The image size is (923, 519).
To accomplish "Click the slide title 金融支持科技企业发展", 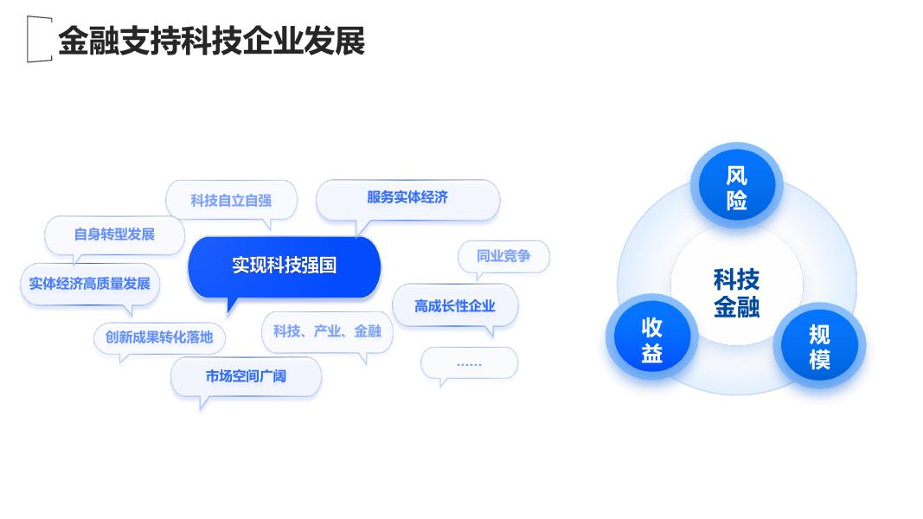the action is coord(211,41).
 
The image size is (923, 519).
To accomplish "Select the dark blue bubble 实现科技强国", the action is coord(285,266).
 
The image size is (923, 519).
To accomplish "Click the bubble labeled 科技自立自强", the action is coord(231,200).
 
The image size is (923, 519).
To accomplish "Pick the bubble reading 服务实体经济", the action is coord(408,198).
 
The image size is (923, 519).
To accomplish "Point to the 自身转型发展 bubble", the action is coord(115,234).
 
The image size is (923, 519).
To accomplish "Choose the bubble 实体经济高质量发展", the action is coord(90,285).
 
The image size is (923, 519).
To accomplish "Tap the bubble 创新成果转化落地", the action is coord(159,337).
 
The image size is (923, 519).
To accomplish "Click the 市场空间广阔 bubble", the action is coord(246,376).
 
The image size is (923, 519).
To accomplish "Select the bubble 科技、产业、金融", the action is coord(327,332).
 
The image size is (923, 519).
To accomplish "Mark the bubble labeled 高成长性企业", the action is coord(455,305).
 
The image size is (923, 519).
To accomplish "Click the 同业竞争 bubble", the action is coord(503,256).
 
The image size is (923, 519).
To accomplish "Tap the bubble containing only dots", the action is coord(469,363).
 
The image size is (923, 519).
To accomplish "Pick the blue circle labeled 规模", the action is coord(819,346).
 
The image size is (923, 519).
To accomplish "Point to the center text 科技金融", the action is coord(736,293).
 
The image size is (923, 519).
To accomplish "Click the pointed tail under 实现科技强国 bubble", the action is coord(231,306).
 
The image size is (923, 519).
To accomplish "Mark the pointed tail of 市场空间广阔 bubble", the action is coord(203,402).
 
